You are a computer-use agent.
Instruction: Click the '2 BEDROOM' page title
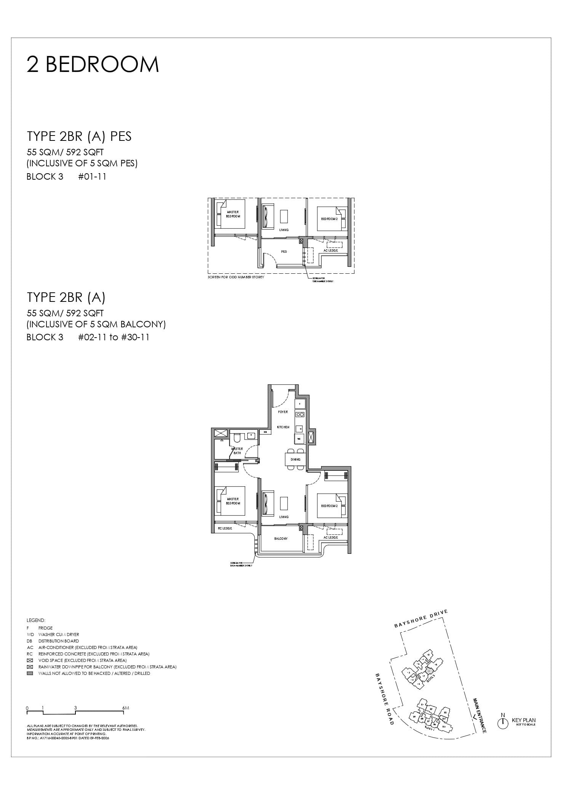click(x=93, y=64)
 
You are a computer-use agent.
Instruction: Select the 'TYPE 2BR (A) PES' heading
click(x=79, y=136)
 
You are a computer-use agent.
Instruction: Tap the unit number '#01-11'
click(x=92, y=177)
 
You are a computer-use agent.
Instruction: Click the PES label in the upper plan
click(x=284, y=252)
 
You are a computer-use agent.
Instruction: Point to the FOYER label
click(x=283, y=412)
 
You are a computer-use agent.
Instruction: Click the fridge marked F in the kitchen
click(x=300, y=403)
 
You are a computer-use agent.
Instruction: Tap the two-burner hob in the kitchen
click(x=300, y=415)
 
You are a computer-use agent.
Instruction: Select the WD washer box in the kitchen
click(x=299, y=439)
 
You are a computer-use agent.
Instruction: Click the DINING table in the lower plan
click(x=296, y=459)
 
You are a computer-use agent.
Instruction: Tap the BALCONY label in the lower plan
click(x=281, y=539)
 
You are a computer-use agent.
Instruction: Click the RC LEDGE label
click(x=225, y=528)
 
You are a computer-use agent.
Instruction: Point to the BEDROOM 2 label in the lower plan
click(x=329, y=506)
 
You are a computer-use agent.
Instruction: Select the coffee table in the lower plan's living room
click(x=284, y=503)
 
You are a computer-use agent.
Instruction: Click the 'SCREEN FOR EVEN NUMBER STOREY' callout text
click(x=241, y=564)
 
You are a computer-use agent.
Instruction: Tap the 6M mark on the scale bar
click(x=126, y=708)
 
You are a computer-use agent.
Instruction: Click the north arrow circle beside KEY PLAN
click(x=503, y=724)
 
